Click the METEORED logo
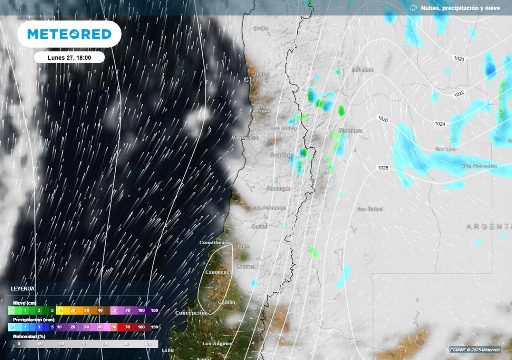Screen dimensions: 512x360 [69, 34]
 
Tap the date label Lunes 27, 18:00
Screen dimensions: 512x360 [69, 57]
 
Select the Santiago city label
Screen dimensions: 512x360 [282, 155]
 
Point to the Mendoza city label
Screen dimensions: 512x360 [350, 131]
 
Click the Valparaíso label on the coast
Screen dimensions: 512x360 [245, 137]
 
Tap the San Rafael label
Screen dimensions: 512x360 [370, 209]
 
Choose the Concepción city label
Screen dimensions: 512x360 [190, 313]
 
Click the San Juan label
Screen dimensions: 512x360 [363, 70]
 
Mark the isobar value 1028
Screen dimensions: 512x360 [383, 168]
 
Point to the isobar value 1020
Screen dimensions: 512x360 [459, 59]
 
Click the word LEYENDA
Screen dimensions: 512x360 [23, 289]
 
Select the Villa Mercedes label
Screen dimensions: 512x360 [479, 166]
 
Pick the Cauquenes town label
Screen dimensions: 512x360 [219, 272]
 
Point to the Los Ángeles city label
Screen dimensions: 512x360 [217, 344]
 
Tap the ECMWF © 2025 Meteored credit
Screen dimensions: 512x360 [475, 349]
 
